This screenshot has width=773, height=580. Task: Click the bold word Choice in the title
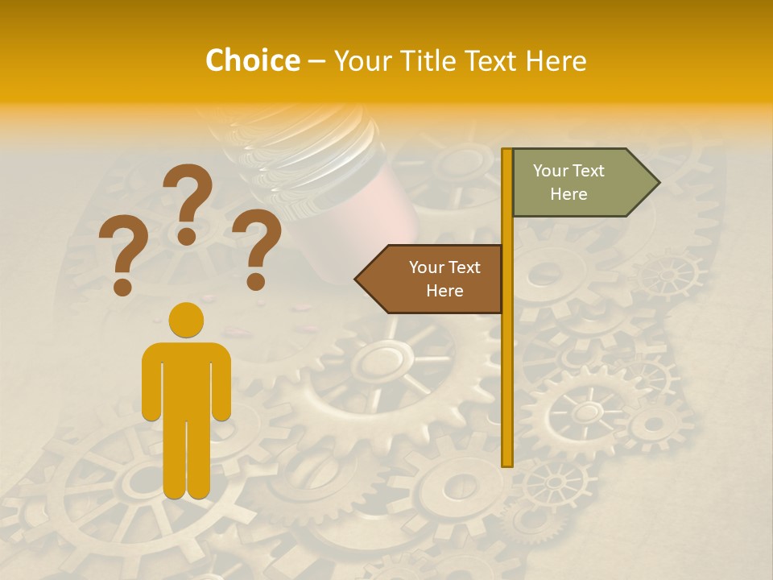click(x=252, y=61)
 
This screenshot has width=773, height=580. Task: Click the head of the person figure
click(x=187, y=320)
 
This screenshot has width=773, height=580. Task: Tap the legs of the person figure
click(x=187, y=459)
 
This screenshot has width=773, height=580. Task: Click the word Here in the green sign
click(x=568, y=194)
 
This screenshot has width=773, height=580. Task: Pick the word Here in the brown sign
click(x=444, y=291)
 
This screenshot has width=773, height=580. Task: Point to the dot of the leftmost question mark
click(x=123, y=286)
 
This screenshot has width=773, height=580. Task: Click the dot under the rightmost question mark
click(x=256, y=281)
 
